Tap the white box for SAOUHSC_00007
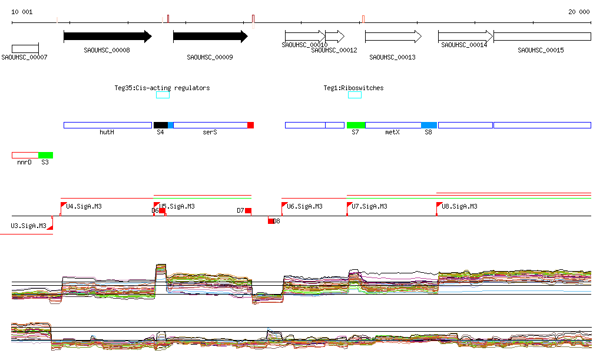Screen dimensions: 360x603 pyautogui.click(x=25, y=48)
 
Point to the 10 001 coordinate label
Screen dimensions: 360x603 pyautogui.click(x=22, y=12)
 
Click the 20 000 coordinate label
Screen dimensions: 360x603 pyautogui.click(x=579, y=12)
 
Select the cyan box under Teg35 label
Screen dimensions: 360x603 pyautogui.click(x=163, y=95)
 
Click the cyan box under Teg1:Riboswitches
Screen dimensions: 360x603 pyautogui.click(x=354, y=95)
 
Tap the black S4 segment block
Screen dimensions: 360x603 pyautogui.click(x=160, y=125)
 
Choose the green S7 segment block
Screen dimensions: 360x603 pyautogui.click(x=356, y=125)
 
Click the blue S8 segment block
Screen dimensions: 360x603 pyautogui.click(x=429, y=125)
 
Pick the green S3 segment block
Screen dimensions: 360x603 pyautogui.click(x=46, y=155)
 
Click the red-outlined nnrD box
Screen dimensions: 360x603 pyautogui.click(x=25, y=155)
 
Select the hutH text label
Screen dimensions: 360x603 pyautogui.click(x=107, y=133)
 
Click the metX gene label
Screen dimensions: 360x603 pyautogui.click(x=393, y=133)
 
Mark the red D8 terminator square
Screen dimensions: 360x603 pyautogui.click(x=271, y=221)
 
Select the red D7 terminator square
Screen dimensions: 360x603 pyautogui.click(x=248, y=211)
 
